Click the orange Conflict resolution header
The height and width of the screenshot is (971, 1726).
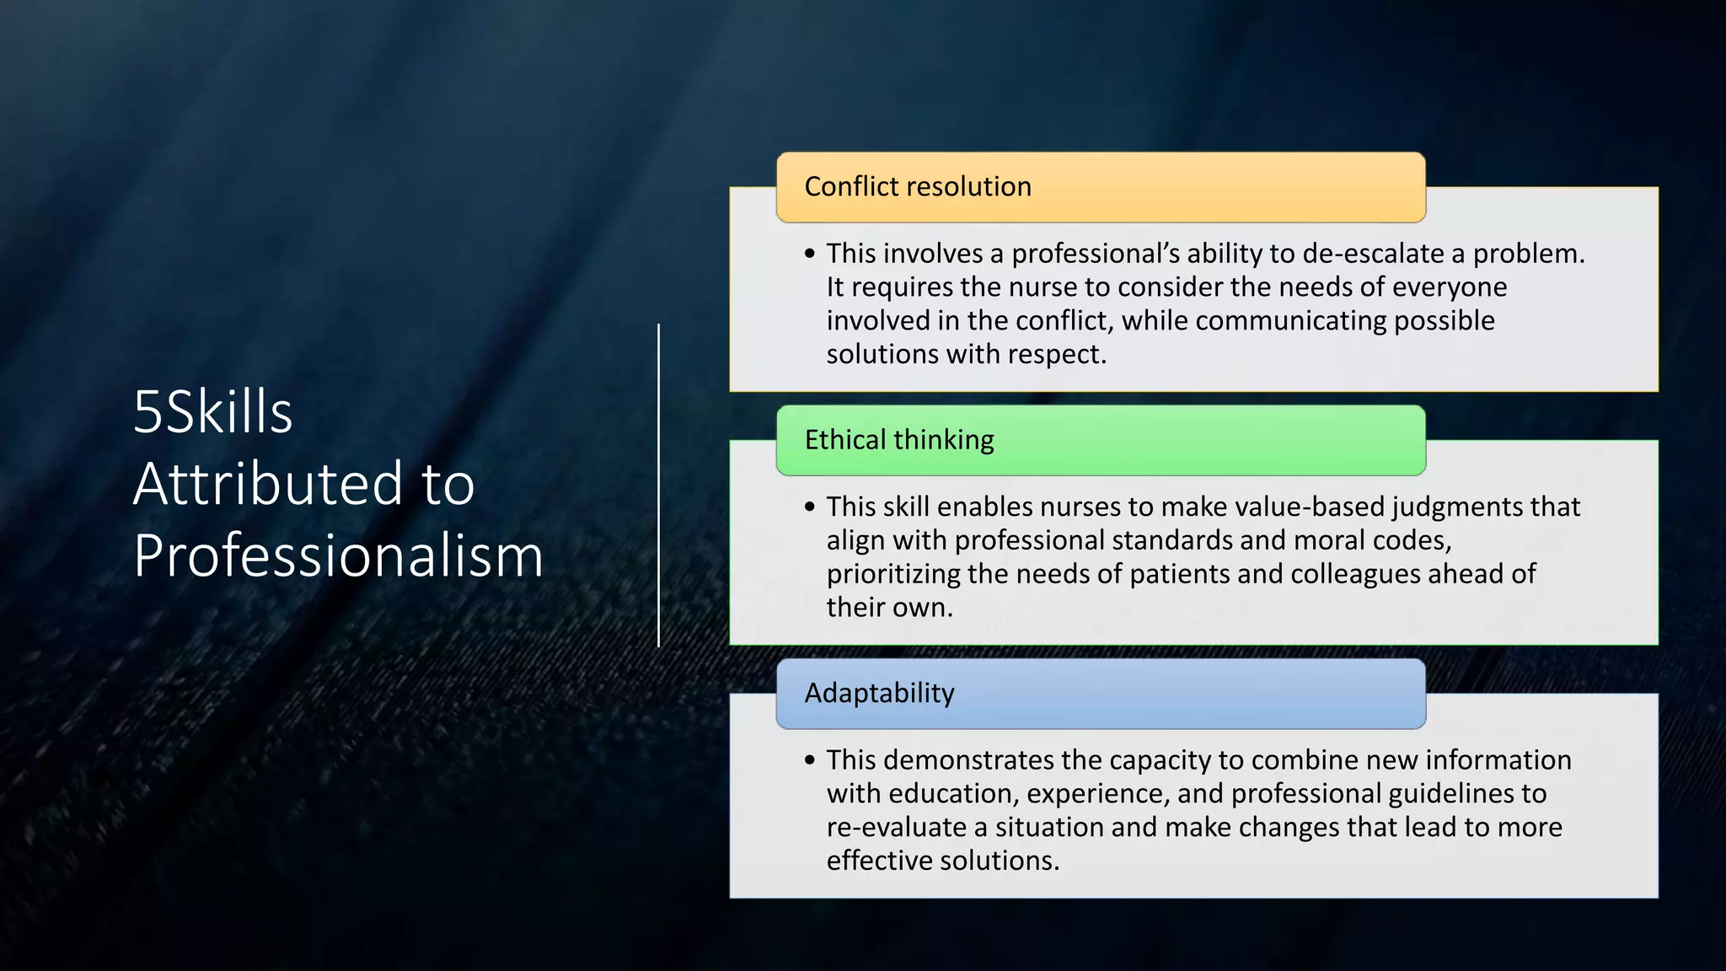point(1100,187)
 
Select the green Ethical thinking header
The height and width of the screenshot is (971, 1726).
point(1100,440)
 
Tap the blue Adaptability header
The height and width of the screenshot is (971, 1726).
point(1100,694)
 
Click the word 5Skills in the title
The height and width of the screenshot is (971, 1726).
point(212,412)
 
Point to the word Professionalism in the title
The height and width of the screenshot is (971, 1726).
point(338,555)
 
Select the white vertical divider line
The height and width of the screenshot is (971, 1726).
point(658,485)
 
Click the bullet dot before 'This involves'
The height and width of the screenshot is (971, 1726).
point(810,254)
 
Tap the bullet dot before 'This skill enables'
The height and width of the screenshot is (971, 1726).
point(810,507)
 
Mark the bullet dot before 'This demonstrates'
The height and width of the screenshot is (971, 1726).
point(810,760)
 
